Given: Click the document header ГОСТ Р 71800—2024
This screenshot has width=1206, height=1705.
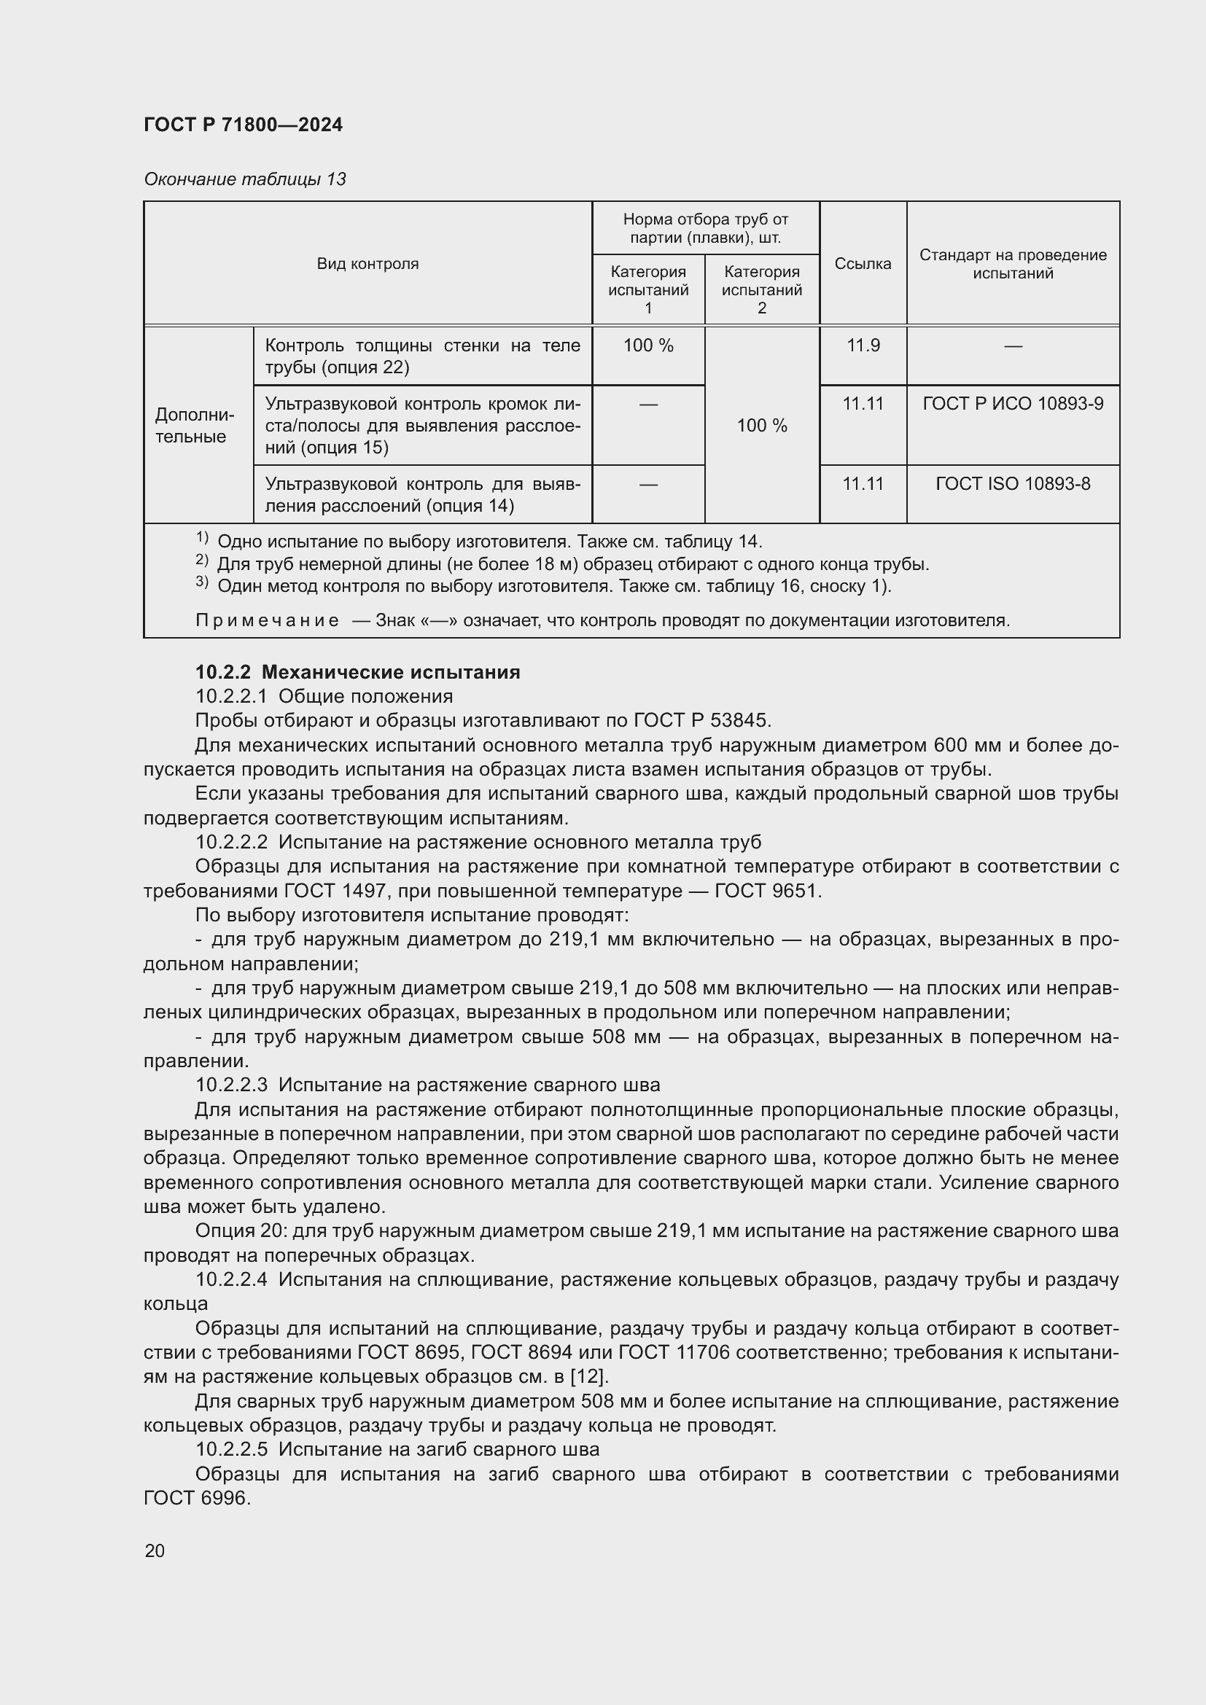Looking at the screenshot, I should [x=243, y=125].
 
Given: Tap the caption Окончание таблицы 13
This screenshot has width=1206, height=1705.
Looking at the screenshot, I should [x=244, y=179].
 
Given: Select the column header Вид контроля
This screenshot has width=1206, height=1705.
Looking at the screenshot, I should [x=367, y=264].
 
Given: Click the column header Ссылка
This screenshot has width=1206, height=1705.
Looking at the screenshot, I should [x=862, y=264].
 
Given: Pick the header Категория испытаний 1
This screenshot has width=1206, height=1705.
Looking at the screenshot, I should [x=647, y=289].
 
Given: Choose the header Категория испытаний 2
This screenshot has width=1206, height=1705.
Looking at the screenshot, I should [x=761, y=289].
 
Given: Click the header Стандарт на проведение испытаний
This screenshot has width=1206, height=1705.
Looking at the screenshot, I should [x=1012, y=264].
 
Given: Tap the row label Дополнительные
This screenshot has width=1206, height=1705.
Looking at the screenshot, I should [x=194, y=426].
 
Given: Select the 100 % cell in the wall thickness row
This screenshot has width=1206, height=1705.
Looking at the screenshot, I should [x=647, y=346].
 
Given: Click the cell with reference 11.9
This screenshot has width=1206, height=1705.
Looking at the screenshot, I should [x=862, y=346].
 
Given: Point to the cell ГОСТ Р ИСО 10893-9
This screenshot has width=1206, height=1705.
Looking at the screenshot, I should [x=1012, y=403].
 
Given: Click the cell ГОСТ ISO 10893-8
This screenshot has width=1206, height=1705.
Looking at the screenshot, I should [x=1012, y=484].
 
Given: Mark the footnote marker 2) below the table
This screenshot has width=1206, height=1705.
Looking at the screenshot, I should [x=202, y=561].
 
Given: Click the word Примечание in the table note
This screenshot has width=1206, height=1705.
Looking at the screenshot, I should [x=268, y=620].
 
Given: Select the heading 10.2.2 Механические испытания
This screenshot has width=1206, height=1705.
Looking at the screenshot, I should [x=357, y=672].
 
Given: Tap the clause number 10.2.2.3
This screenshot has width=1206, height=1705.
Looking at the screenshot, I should [x=231, y=1085].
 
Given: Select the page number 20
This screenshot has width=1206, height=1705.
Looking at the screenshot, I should [x=155, y=1550].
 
